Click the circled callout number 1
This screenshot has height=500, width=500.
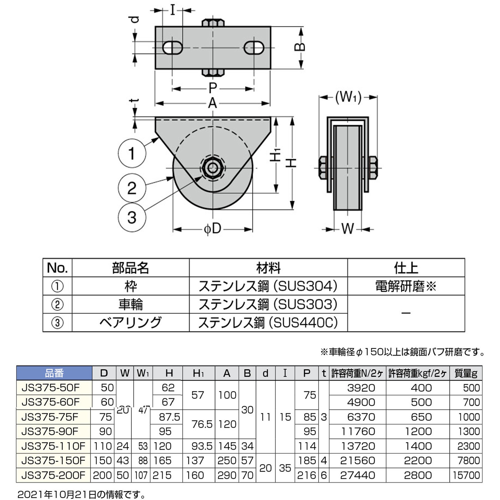132,153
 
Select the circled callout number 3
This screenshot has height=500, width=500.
132,217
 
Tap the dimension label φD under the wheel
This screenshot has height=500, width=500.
213,229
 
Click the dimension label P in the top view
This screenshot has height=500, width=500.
213,88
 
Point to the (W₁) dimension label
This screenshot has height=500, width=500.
348,97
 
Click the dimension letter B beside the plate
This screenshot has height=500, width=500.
300,47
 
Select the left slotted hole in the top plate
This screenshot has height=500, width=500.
172,48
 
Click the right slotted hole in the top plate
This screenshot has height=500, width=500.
254,48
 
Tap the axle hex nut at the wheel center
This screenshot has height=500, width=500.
212,168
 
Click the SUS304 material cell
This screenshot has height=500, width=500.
268,286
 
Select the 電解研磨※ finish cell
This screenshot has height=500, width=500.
406,286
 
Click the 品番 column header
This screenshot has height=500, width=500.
54,373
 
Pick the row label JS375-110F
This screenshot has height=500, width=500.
53,446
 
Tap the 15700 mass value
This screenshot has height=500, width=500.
466,475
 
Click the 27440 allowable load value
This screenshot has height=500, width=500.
357,475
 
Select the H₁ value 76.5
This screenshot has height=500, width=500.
202,424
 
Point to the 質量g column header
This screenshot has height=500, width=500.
466,373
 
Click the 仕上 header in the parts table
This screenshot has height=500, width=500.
406,268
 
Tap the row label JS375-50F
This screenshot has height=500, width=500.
50,388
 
